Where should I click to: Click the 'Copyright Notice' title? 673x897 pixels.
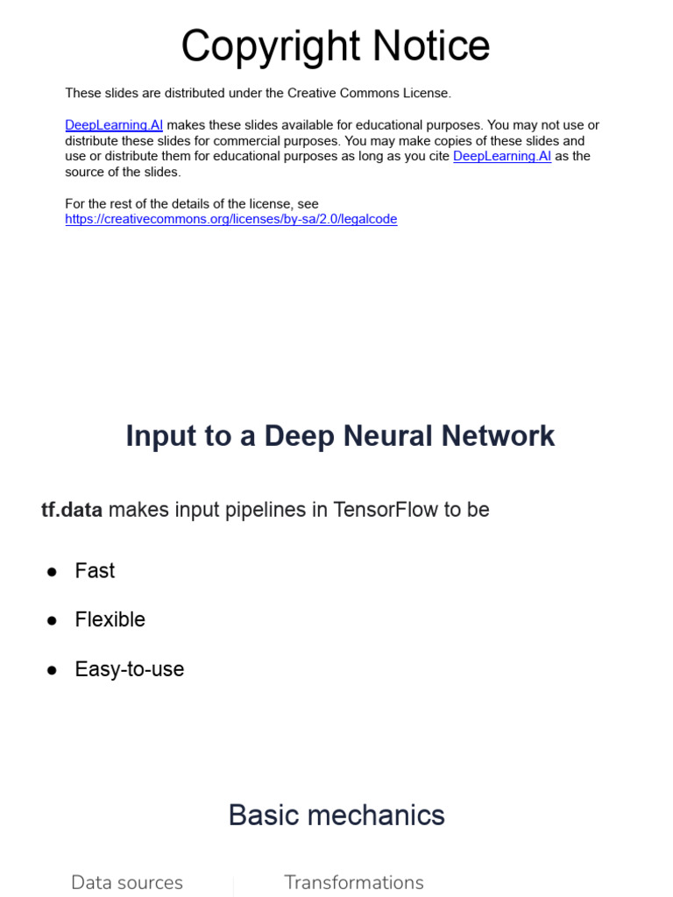pos(336,46)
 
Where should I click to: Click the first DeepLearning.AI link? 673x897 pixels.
pos(114,125)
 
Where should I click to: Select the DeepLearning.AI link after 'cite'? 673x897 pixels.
pos(502,156)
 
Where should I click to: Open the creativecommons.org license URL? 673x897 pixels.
pos(230,219)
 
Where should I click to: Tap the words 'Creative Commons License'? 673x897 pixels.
pos(369,93)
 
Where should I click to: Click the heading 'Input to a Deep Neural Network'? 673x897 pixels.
pos(340,435)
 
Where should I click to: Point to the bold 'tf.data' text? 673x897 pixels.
pos(72,510)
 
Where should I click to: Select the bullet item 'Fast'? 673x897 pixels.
pos(95,571)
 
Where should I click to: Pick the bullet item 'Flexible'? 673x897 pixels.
pos(110,620)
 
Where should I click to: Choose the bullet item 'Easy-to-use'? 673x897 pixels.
pos(129,669)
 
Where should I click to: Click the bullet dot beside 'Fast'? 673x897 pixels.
pos(52,572)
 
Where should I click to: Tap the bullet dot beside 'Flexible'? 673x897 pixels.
pos(52,621)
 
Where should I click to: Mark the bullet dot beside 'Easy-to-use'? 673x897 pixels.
pos(52,670)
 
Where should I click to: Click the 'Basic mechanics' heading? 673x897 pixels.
pos(336,816)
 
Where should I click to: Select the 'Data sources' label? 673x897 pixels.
pos(127,882)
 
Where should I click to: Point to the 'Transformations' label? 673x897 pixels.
pos(353,882)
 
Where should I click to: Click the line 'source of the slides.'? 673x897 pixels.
pos(123,172)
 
